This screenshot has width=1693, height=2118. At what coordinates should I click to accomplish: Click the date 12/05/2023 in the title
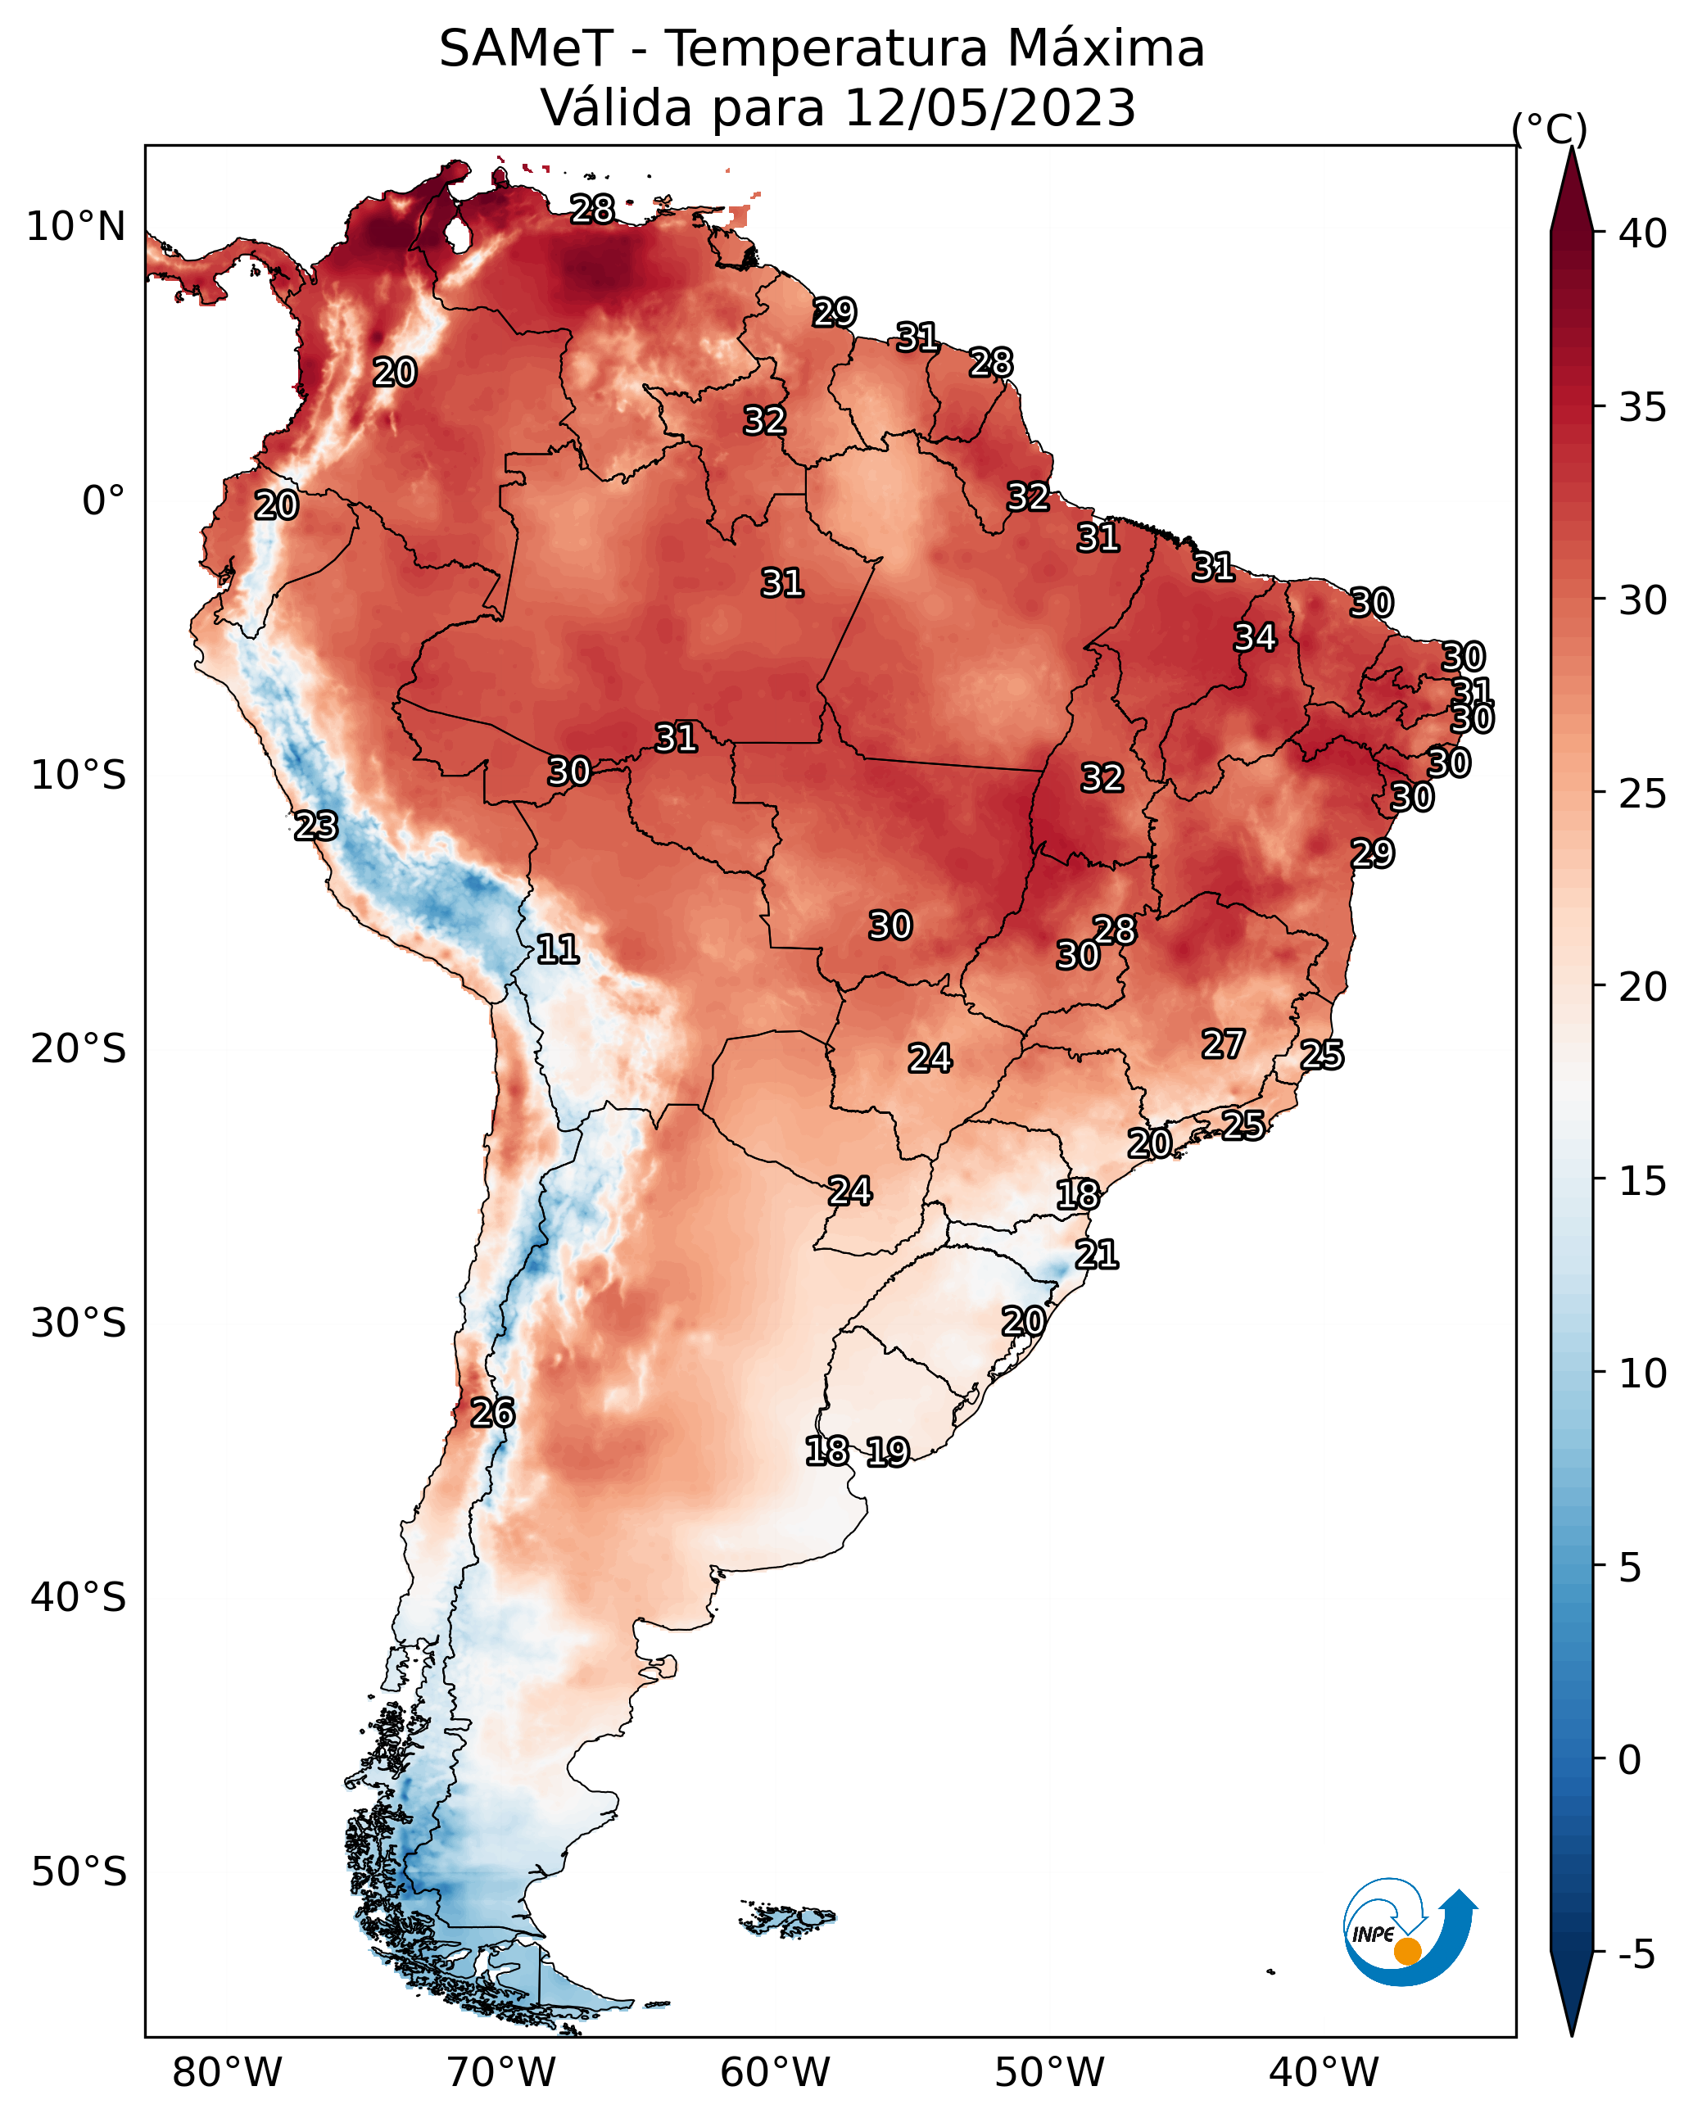(x=989, y=108)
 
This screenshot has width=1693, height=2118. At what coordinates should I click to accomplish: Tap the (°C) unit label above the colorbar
(x=1549, y=129)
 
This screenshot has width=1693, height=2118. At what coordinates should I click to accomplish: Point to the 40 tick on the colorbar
(x=1643, y=233)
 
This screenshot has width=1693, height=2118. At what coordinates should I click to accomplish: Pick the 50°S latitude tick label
(x=79, y=1872)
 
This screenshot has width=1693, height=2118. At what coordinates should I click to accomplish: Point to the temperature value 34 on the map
(x=1255, y=637)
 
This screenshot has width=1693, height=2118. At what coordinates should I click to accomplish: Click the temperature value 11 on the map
(x=557, y=949)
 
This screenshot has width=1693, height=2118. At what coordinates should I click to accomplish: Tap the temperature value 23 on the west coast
(x=315, y=826)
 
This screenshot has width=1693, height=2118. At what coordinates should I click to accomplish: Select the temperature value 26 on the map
(x=492, y=1413)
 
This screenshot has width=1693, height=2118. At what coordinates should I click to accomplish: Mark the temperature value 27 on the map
(x=1224, y=1044)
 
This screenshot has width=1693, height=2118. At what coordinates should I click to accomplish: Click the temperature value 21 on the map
(x=1097, y=1255)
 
